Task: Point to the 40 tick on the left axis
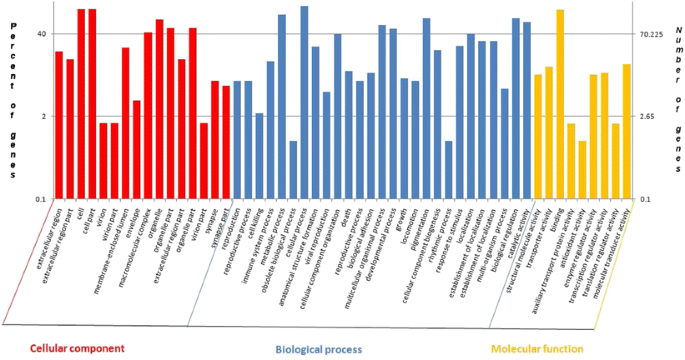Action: [42, 34]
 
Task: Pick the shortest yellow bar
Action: [582, 169]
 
